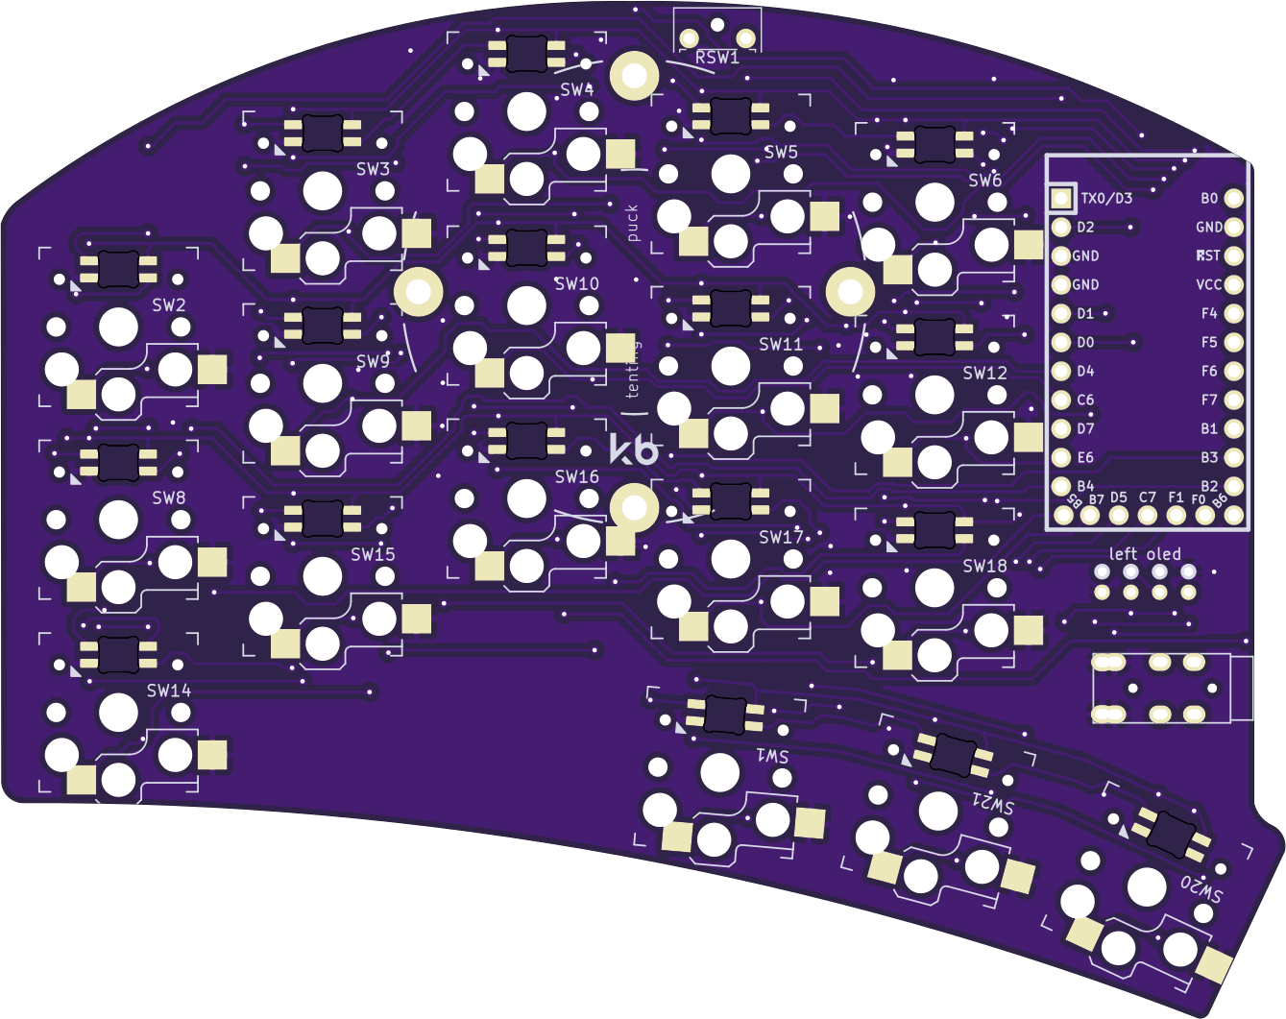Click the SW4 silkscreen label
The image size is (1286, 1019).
(x=577, y=90)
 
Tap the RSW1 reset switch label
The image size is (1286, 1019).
(x=717, y=58)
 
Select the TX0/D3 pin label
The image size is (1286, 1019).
(x=1106, y=199)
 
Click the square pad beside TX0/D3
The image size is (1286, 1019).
(x=1061, y=198)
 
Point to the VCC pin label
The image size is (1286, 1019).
(x=1209, y=285)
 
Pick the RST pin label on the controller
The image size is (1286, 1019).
(x=1208, y=256)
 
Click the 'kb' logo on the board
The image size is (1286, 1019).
(x=635, y=449)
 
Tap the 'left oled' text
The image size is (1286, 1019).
(x=1145, y=554)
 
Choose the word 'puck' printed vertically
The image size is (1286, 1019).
(x=632, y=223)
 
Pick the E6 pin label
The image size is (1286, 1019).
(x=1085, y=458)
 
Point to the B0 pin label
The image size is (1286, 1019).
(x=1209, y=199)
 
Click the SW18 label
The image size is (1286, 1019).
(x=985, y=566)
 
